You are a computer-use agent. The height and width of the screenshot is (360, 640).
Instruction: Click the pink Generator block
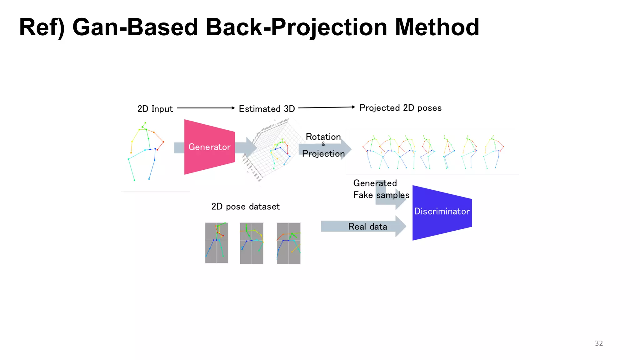(x=209, y=147)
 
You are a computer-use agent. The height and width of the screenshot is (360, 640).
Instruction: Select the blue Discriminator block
(x=442, y=212)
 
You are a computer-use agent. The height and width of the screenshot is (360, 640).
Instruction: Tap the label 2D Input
(x=155, y=109)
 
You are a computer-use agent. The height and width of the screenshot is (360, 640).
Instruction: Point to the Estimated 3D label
(x=267, y=109)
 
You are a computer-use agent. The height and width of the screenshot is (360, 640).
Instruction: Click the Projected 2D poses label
(x=400, y=108)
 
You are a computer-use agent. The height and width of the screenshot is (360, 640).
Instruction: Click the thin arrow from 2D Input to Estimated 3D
(x=206, y=108)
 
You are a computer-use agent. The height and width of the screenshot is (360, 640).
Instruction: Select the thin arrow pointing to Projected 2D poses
(x=327, y=107)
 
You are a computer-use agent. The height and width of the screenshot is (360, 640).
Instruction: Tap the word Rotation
(x=323, y=137)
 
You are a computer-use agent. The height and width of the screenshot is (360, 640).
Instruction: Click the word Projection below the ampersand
(x=323, y=154)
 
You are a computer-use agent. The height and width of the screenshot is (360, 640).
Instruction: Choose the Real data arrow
(x=362, y=226)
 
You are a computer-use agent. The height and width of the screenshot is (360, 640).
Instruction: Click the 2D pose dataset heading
(x=246, y=207)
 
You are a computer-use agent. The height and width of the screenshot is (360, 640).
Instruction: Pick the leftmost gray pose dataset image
(x=216, y=243)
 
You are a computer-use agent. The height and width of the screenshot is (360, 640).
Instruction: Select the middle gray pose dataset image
(x=252, y=243)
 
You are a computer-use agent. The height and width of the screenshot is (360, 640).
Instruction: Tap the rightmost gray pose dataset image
(x=288, y=243)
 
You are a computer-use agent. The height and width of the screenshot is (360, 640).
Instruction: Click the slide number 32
(x=599, y=343)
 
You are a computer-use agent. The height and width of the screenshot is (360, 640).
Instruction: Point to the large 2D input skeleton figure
(x=146, y=152)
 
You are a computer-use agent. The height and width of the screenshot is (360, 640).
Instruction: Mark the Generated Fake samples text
(x=381, y=189)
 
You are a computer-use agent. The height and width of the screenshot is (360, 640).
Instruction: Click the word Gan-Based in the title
(x=135, y=27)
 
